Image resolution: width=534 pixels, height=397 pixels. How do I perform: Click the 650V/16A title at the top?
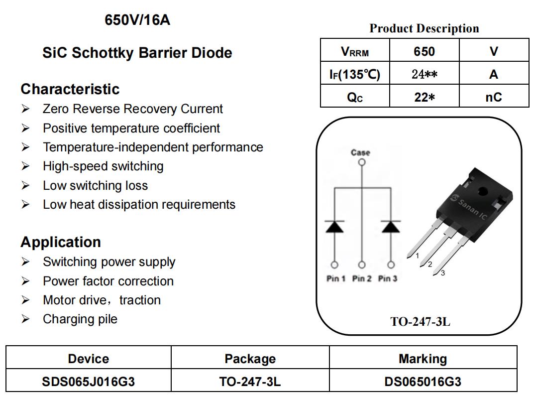[137, 20]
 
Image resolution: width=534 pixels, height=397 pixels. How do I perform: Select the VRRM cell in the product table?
[355, 52]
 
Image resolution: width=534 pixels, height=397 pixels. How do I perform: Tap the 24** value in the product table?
[425, 74]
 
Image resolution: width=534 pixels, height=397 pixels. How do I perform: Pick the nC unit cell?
[494, 97]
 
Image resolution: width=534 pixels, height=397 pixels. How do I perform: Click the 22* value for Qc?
[425, 97]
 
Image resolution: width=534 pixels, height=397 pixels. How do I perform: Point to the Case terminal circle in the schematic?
[362, 162]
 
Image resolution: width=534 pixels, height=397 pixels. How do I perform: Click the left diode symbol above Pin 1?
[334, 227]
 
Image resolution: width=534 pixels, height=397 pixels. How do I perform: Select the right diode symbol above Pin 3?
[391, 227]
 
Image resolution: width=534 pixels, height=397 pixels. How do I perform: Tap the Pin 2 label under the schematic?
[362, 278]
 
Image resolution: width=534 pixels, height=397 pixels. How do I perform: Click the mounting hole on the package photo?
[483, 191]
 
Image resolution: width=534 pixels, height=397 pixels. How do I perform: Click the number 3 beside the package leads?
[442, 273]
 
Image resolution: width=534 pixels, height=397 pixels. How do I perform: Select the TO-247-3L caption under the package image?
[420, 321]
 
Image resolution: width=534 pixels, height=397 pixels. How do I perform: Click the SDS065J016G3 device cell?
[88, 382]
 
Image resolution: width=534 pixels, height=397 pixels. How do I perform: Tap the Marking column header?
[423, 359]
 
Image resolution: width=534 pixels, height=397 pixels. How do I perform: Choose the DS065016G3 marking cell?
[423, 382]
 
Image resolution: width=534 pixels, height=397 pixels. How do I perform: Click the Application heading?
[61, 242]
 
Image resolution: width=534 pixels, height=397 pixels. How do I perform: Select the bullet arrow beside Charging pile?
[25, 319]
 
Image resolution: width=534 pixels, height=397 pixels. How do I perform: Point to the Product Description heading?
[424, 28]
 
